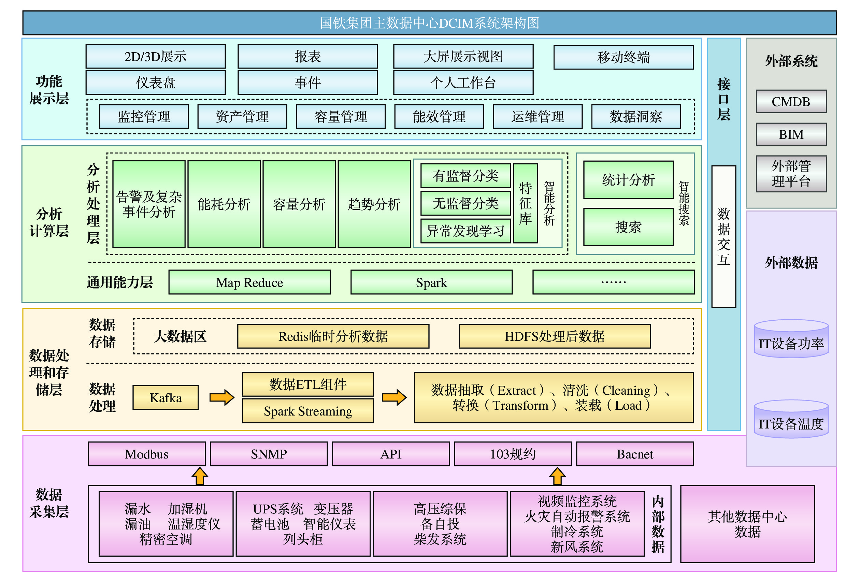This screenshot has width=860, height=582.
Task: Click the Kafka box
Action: [x=166, y=398]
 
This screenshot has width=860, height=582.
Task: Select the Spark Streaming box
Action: [x=308, y=411]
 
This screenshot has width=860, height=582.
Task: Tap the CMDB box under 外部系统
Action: [x=791, y=101]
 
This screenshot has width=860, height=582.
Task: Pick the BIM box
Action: [x=791, y=134]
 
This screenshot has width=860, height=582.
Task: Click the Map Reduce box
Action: [x=249, y=282]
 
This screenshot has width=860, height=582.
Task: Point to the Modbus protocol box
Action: [x=146, y=454]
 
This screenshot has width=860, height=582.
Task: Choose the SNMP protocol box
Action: [x=269, y=454]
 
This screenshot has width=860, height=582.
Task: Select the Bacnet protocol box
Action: [x=635, y=454]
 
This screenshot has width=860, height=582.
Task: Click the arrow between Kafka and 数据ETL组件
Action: [x=222, y=398]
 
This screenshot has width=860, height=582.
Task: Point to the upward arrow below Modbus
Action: [x=200, y=476]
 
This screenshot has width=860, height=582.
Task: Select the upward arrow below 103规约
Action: [x=557, y=476]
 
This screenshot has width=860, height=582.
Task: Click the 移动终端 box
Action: [x=623, y=57]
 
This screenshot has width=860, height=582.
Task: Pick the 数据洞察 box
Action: [x=636, y=117]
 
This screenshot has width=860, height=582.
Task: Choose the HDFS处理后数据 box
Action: [x=554, y=336]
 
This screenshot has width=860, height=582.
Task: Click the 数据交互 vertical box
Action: [x=723, y=236]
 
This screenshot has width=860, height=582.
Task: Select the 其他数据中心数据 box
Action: [x=747, y=524]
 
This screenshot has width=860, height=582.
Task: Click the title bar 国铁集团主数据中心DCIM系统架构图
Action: [x=429, y=23]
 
